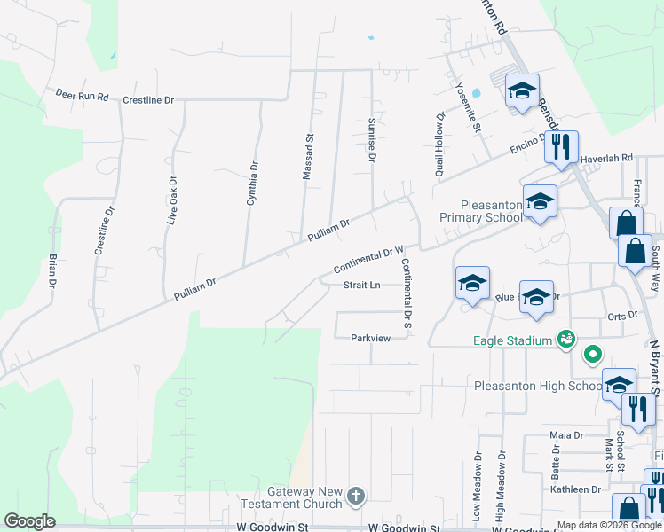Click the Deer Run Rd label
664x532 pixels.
(82, 94)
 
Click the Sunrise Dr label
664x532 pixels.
(372, 137)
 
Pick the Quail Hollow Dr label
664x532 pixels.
(439, 145)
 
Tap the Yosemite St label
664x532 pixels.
(476, 110)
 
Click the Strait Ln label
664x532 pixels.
(362, 286)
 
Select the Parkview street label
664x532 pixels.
(370, 338)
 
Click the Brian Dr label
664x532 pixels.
(53, 271)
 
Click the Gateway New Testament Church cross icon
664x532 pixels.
(355, 495)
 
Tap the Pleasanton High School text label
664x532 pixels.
(539, 386)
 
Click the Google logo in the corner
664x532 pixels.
(29, 521)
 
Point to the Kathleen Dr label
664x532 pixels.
(574, 489)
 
